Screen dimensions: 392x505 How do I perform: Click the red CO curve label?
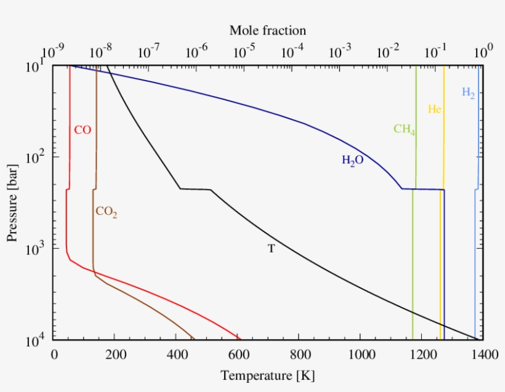coord(83,130)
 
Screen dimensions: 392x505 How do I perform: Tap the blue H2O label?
coord(353,161)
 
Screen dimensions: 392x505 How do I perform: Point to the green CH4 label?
coord(404,129)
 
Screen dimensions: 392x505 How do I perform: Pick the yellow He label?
coord(435,110)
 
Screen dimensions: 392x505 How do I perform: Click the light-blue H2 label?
coord(468,93)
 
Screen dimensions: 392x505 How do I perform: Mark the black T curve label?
coord(271,249)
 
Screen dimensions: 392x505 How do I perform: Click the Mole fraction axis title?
coord(267,30)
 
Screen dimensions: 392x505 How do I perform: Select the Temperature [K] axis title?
coord(267,375)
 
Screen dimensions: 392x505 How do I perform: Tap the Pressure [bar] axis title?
coord(13,202)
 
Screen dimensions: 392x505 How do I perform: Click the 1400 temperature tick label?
coord(482,355)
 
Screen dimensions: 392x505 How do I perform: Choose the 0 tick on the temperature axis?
coord(54,355)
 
